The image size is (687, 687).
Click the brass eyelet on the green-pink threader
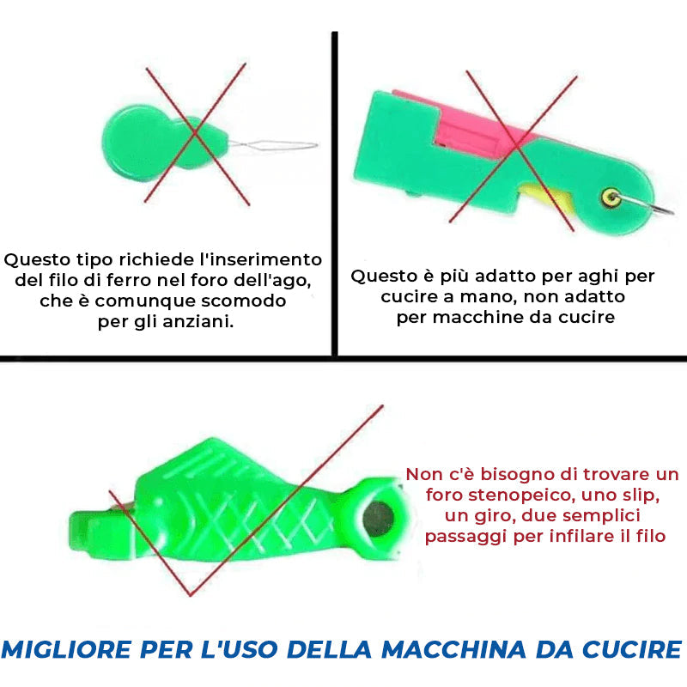612,198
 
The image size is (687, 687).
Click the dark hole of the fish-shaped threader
377,516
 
